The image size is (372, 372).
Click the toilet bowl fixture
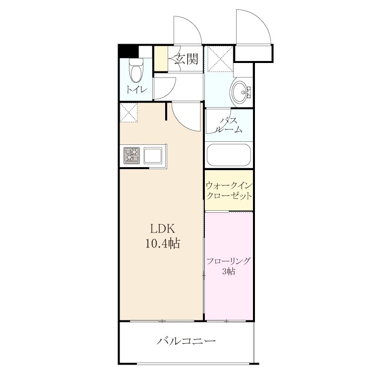tap(136, 71)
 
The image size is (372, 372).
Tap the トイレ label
tap(136, 90)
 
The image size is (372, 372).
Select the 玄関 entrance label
tap(186, 59)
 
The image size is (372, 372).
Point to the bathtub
tap(229, 155)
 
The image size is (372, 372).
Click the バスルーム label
tap(229, 125)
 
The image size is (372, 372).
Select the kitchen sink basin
tap(153, 156)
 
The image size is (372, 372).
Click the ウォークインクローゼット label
tap(229, 191)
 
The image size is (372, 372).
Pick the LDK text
tap(163, 229)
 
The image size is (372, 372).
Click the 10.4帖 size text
tap(163, 244)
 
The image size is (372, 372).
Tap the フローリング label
tap(229, 261)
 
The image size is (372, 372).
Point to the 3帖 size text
tap(229, 271)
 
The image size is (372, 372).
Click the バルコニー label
tap(186, 341)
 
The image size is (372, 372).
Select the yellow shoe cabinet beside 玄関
tap(161, 59)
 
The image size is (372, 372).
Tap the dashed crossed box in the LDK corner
tap(129, 113)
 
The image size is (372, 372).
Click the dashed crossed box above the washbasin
tap(220, 59)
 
